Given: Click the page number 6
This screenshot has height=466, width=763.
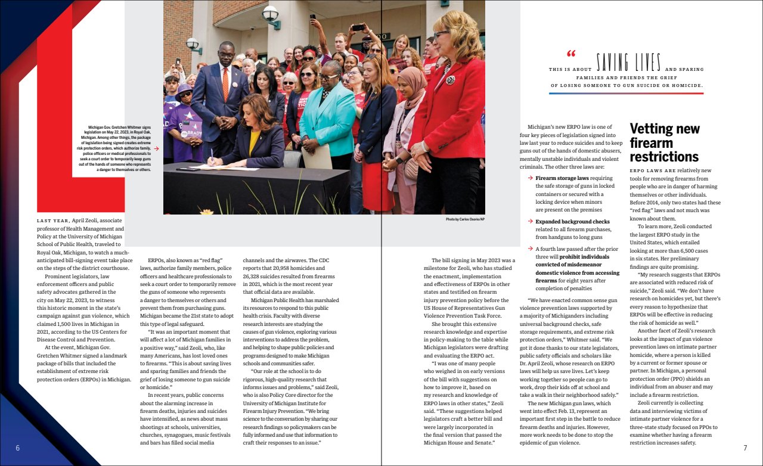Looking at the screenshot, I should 17,448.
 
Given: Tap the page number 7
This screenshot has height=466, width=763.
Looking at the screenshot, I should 745,448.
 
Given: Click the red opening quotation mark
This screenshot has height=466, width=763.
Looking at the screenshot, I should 571,54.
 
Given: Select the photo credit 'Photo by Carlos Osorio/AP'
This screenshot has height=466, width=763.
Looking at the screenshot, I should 465,219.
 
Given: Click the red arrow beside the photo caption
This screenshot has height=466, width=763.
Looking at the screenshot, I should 156,148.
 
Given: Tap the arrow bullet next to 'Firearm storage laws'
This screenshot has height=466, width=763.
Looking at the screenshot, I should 531,178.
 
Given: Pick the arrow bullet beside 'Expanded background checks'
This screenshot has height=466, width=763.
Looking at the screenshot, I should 531,222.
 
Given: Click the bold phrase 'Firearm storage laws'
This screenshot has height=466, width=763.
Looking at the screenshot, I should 562,178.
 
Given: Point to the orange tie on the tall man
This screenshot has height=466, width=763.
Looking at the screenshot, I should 225,83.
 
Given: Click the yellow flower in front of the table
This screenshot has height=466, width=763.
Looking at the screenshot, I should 206,211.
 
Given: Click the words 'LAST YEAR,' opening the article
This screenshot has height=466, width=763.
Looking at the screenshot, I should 54,220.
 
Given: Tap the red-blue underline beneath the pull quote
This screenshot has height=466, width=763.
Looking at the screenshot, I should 626,93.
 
